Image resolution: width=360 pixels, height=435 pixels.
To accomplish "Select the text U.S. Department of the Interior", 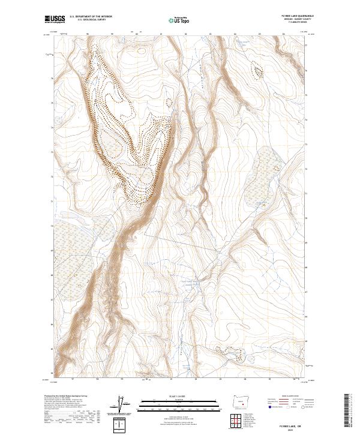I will coord(91,16).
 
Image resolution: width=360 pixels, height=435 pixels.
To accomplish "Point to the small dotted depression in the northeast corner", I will coord(258,71).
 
